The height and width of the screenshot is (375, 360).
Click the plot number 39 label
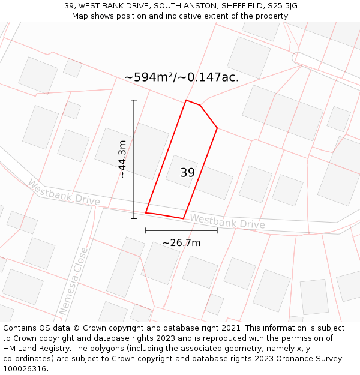(x=187, y=173)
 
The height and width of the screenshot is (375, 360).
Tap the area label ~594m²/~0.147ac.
(x=181, y=77)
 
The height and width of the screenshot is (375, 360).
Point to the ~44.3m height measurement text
(x=122, y=159)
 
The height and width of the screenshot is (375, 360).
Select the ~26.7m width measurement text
(x=181, y=242)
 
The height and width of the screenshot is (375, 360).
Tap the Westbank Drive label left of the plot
(x=64, y=192)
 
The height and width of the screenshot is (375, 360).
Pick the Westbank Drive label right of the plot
(x=227, y=222)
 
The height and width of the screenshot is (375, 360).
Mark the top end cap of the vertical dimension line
(x=134, y=100)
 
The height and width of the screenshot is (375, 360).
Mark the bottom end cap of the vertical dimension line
(x=134, y=218)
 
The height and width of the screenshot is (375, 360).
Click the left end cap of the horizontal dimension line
(x=146, y=230)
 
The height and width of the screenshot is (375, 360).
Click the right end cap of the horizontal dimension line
(x=217, y=230)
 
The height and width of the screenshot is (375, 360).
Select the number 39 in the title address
(x=69, y=6)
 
